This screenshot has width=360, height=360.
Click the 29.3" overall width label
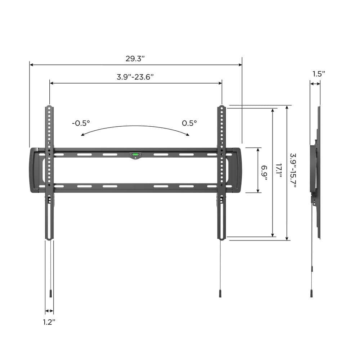(135, 59)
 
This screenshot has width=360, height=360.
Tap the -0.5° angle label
(81, 123)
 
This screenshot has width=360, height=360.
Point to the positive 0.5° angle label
(189, 123)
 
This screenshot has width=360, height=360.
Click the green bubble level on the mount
(135, 155)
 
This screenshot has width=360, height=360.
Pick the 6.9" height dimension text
(265, 170)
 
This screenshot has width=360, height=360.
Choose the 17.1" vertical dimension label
(279, 171)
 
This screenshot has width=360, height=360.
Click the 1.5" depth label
(319, 74)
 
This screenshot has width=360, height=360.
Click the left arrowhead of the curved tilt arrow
(82, 135)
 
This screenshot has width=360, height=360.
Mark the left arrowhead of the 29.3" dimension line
(31, 65)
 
